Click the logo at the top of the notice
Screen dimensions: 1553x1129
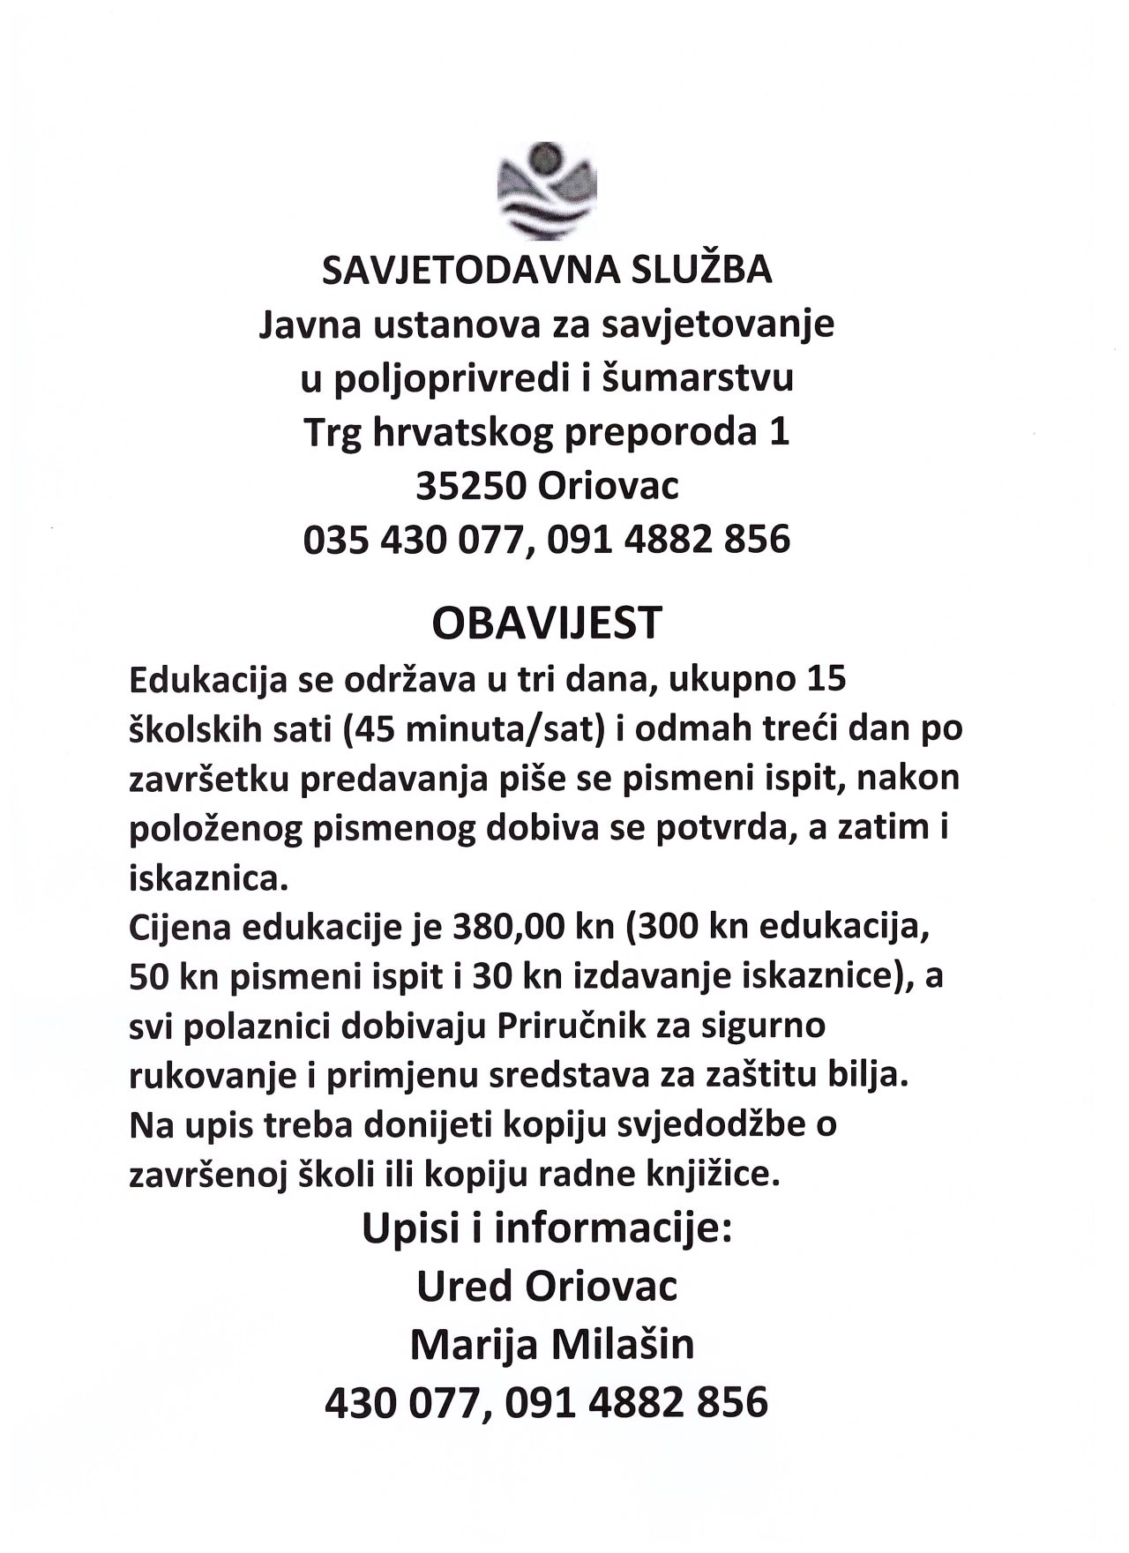coord(547,190)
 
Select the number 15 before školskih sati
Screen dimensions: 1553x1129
coord(826,680)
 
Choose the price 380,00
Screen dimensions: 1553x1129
coord(490,929)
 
